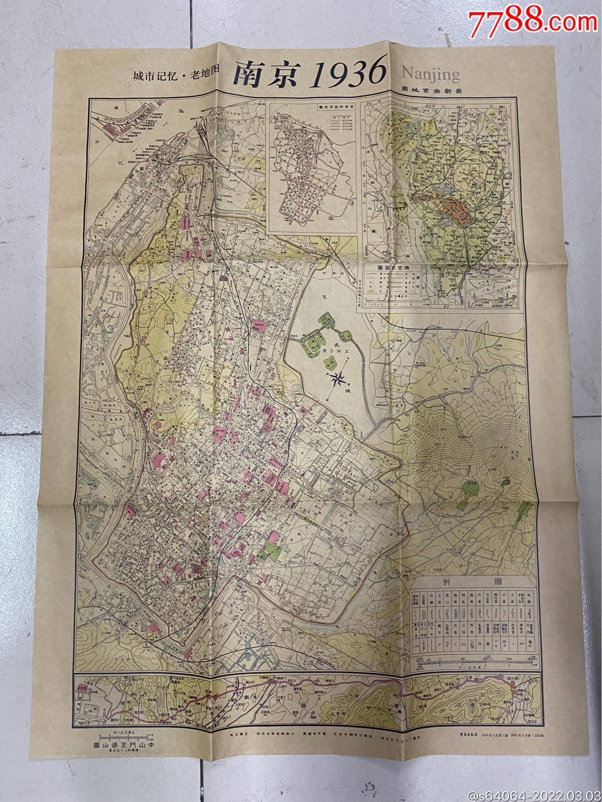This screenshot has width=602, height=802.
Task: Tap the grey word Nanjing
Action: pyautogui.click(x=431, y=74)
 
